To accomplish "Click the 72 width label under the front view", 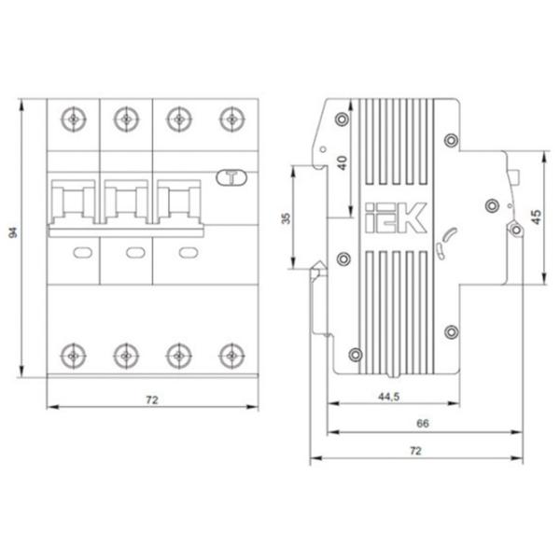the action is click(x=152, y=400).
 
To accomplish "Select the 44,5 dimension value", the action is click(x=389, y=397).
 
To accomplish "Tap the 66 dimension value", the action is click(x=423, y=424).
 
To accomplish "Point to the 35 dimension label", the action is click(x=287, y=218).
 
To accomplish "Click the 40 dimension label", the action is click(x=343, y=162).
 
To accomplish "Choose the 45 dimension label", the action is click(x=537, y=217).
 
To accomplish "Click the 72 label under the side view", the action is click(x=415, y=451).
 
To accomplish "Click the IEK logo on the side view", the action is click(x=396, y=217).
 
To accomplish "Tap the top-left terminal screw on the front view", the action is click(x=73, y=119).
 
